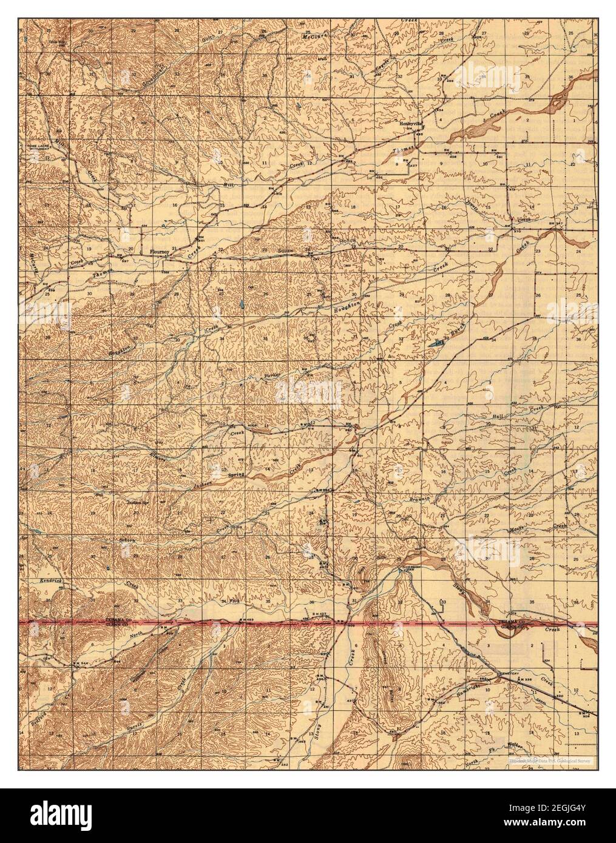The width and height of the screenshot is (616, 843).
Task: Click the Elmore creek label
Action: tap(159, 452)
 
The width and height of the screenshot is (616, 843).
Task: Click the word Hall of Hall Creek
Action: tap(499, 416)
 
